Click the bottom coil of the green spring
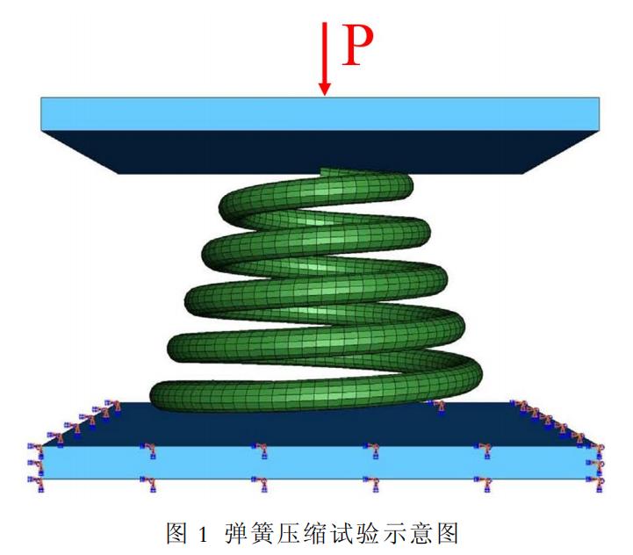click(x=316, y=395)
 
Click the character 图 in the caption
click(x=177, y=532)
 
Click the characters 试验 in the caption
click(x=361, y=532)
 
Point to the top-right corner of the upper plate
click(x=599, y=98)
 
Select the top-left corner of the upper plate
click(x=42, y=98)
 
